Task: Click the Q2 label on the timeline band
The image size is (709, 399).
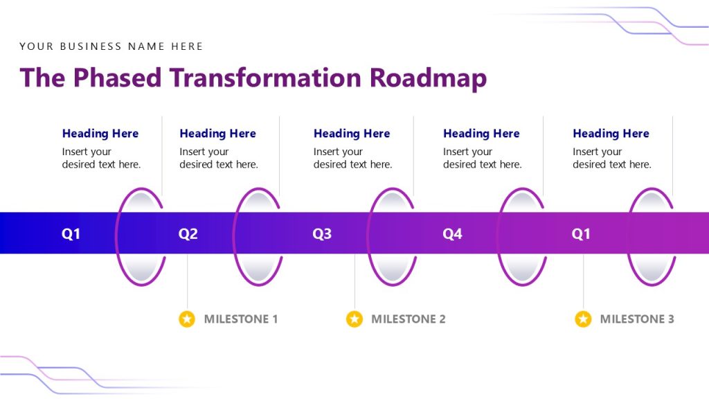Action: tap(188, 234)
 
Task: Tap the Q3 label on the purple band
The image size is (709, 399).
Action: tap(322, 234)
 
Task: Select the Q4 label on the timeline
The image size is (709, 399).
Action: tap(452, 234)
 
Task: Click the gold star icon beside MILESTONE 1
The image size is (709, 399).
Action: tap(187, 319)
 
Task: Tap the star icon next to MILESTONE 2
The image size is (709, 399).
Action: tap(354, 319)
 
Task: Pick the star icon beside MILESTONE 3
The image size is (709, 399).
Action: tap(583, 319)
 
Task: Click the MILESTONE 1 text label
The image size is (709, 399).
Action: tap(240, 319)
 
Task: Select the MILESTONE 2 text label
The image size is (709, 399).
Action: tap(408, 319)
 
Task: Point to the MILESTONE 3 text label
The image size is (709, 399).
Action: tap(636, 319)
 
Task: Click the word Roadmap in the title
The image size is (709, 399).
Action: tap(428, 78)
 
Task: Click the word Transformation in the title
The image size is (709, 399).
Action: tap(267, 78)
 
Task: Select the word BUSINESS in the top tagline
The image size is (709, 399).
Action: tap(91, 46)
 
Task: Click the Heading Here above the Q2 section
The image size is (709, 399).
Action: tap(217, 134)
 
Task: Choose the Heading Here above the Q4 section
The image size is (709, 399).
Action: tap(481, 134)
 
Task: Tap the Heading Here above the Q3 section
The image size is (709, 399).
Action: tap(352, 134)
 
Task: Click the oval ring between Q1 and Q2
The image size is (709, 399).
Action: tap(141, 236)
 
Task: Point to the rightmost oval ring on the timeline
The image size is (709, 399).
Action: tap(652, 236)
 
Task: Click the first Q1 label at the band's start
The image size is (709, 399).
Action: tap(71, 234)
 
